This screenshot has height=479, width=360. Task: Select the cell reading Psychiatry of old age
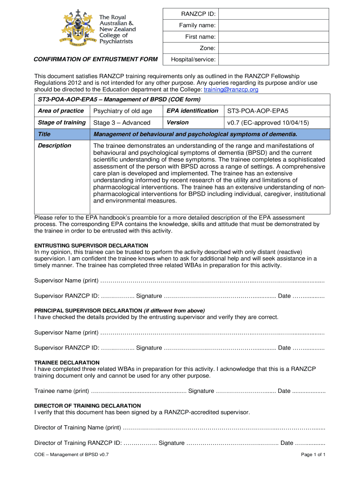(x=123, y=111)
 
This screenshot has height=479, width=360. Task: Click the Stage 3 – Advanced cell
(x=122, y=123)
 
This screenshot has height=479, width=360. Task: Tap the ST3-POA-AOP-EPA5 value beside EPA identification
(x=258, y=111)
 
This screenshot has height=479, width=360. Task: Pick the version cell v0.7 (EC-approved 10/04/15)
(x=268, y=123)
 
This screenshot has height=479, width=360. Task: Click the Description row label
(x=55, y=145)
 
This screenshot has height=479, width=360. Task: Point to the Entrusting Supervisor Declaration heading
(x=91, y=246)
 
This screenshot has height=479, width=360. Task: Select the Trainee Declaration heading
(x=67, y=363)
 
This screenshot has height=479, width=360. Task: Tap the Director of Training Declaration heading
(x=87, y=406)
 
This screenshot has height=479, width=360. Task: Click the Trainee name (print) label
(x=62, y=391)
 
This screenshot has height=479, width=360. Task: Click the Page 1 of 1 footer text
(x=313, y=455)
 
